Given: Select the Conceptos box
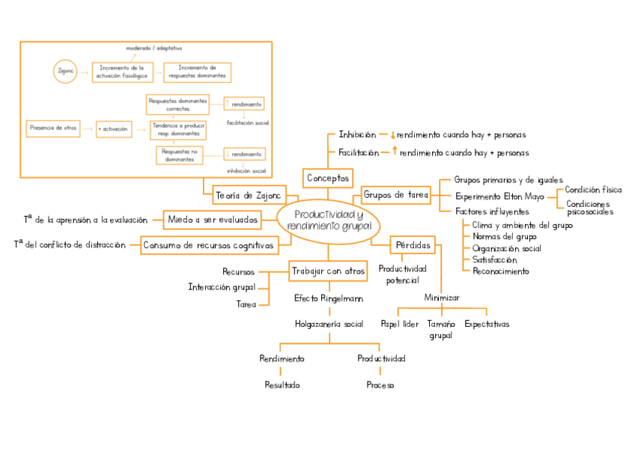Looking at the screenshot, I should point(328,178).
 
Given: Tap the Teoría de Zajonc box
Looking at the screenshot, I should point(248,196).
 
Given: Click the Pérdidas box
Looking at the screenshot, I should point(411,245).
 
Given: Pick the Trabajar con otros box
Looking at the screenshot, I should point(328,271).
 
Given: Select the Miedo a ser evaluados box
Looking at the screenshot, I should point(212,220).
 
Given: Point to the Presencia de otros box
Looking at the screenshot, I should point(53,128).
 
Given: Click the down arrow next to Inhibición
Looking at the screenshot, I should point(392,136).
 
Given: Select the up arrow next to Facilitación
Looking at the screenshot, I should point(394,151).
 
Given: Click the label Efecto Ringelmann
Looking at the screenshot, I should point(329,298).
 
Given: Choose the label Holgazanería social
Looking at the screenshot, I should point(329,325).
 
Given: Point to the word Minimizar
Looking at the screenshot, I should point(442,298).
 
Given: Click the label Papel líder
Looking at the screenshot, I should point(399,325).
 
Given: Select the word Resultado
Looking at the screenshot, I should point(282,385).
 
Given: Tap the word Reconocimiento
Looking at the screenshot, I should point(500,271).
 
